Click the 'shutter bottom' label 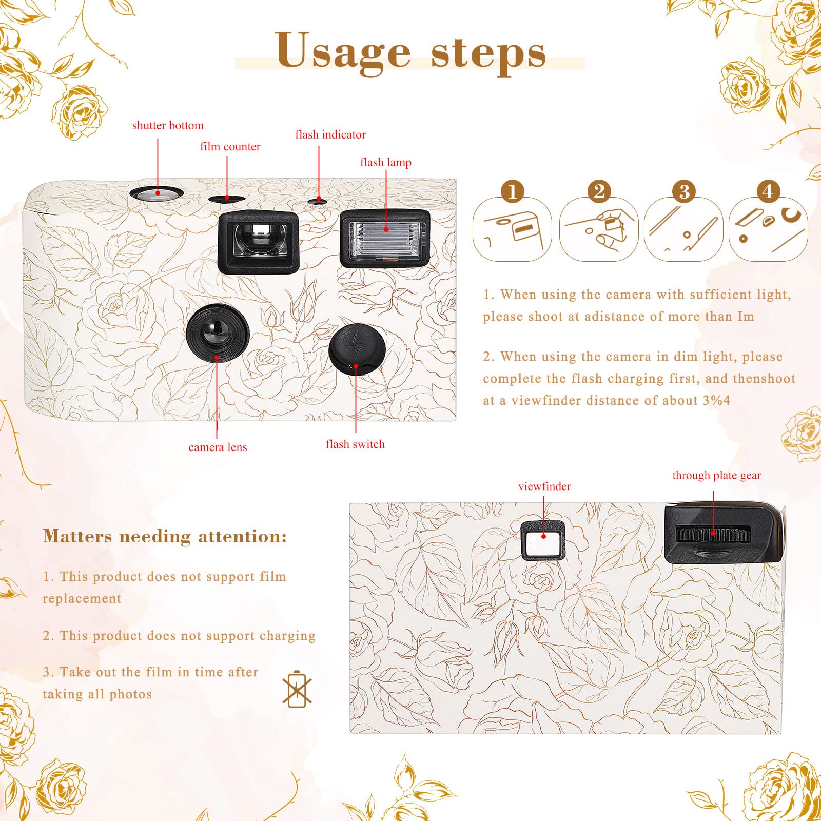click(168, 126)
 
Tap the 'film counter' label click(230, 147)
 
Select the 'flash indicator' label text click(330, 135)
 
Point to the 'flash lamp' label click(385, 163)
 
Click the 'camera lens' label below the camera click(218, 447)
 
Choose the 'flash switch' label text click(355, 444)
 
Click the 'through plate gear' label click(716, 476)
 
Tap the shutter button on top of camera click(157, 194)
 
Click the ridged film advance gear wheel click(713, 535)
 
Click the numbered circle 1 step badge click(512, 191)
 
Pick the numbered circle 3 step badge click(683, 191)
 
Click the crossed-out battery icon click(297, 689)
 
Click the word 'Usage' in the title click(343, 51)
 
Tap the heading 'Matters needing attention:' click(165, 537)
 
